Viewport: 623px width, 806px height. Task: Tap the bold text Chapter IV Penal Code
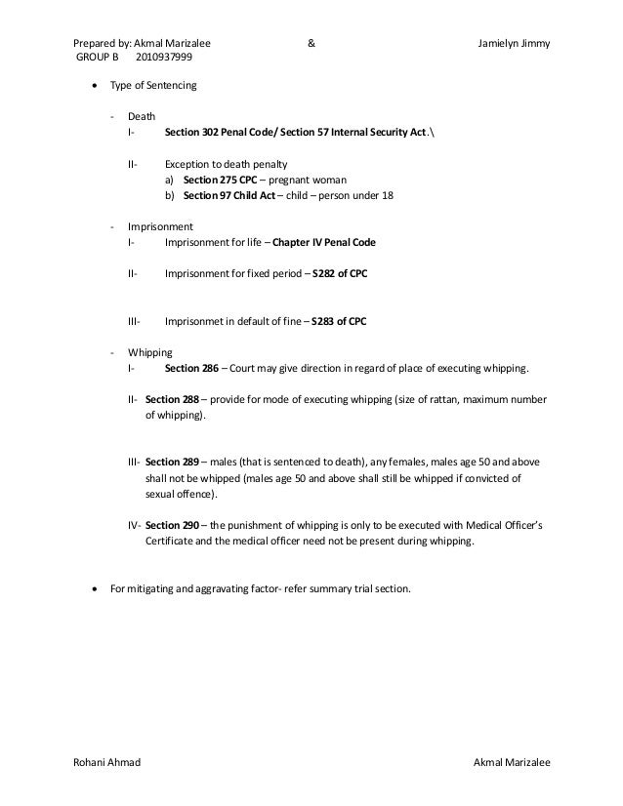point(324,241)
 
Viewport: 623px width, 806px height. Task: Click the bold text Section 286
point(190,368)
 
